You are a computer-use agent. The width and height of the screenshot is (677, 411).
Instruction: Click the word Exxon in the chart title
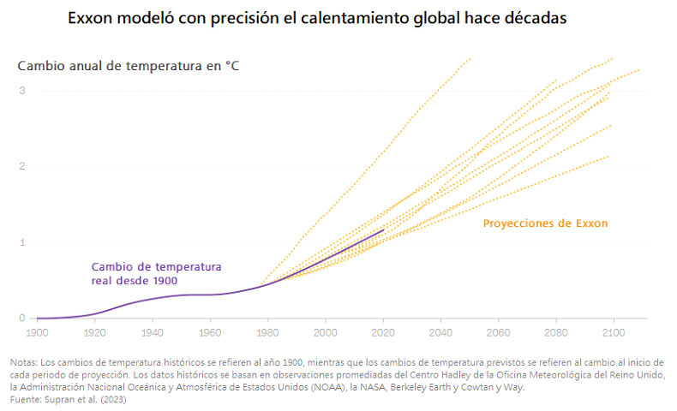94,19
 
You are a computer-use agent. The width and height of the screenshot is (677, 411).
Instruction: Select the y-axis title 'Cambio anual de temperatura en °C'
129,65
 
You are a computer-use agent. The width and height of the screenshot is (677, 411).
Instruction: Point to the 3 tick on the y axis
23,91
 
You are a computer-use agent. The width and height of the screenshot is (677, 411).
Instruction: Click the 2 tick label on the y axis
23,166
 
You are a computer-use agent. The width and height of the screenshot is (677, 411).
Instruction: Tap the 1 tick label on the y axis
23,242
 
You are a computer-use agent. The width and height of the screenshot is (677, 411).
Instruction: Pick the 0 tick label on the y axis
23,319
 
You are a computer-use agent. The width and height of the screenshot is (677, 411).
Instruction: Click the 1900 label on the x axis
37,331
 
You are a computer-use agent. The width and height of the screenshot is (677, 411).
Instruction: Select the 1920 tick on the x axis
94,331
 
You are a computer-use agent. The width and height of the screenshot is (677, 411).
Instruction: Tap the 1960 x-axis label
210,331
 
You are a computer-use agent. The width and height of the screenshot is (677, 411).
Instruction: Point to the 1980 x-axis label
267,331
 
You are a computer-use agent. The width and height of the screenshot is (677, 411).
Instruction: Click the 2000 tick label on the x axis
326,331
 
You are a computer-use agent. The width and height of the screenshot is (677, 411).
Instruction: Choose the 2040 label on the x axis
440,331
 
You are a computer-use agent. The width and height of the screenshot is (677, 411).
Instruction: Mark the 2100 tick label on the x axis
614,331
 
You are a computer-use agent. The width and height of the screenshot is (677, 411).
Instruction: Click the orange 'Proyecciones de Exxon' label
545,223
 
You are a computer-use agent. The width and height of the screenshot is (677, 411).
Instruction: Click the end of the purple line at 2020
383,229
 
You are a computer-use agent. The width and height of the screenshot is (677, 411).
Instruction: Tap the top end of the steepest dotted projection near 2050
470,58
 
